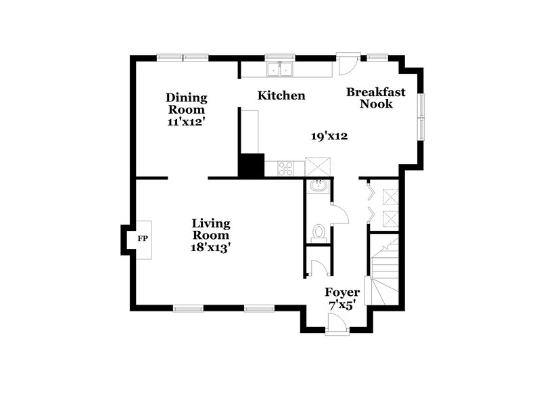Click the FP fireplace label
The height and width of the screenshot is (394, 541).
tap(143, 239)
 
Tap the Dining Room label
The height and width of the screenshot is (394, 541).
tap(186, 104)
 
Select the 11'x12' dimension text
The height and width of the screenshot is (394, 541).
tap(186, 123)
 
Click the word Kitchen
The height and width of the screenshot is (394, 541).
tap(281, 96)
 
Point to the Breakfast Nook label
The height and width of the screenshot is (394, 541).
tap(376, 98)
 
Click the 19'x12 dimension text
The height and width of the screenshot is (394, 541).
tap(329, 136)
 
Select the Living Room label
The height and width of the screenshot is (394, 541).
tap(211, 229)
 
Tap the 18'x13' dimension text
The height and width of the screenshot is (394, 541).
tap(211, 247)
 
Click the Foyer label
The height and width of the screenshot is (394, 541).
tap(342, 292)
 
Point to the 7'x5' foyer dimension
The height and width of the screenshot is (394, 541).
tap(342, 306)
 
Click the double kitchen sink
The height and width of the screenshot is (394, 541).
tap(279, 68)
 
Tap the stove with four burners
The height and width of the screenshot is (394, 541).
tap(285, 167)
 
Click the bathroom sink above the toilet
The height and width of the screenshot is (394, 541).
tap(317, 187)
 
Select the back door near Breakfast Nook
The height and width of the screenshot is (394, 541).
tap(346, 64)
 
